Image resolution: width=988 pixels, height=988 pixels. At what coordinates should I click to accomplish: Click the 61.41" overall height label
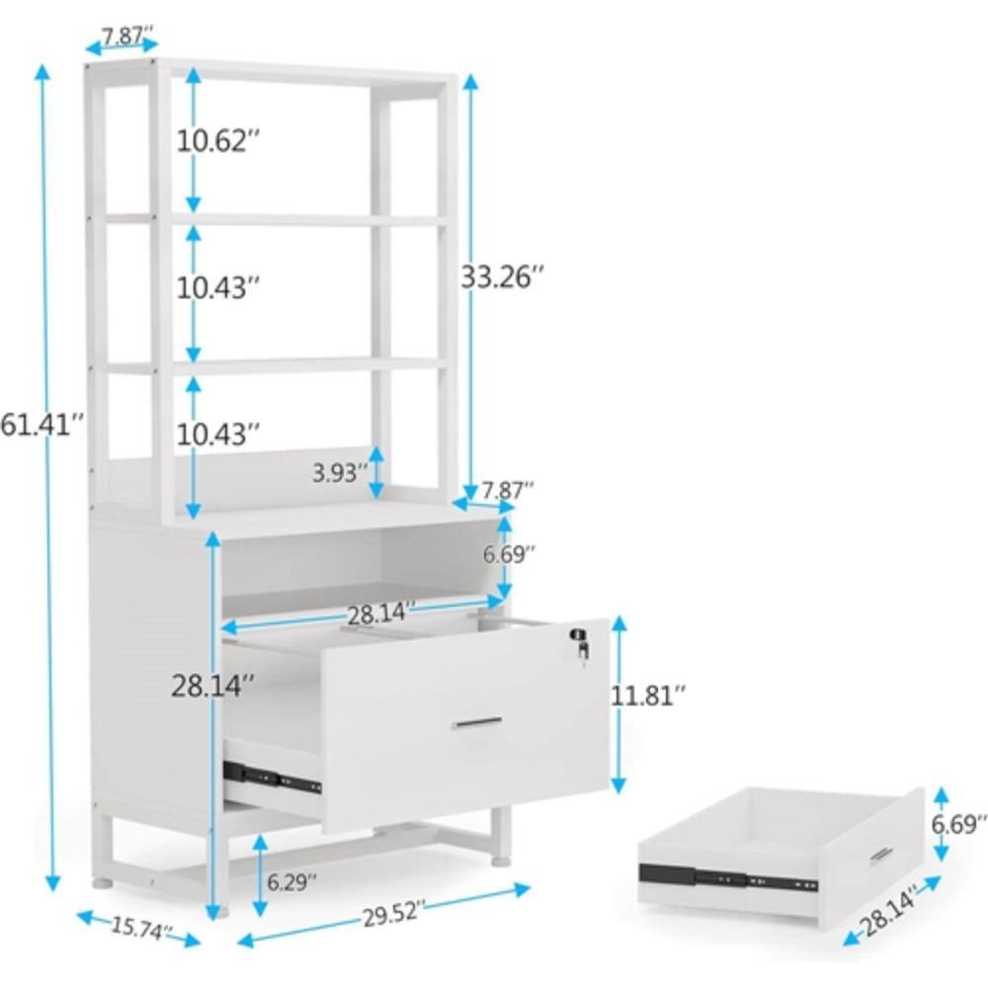click(42, 424)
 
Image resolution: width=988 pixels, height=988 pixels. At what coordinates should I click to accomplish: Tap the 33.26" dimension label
click(502, 277)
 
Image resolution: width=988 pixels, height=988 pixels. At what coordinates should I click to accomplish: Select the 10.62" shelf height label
click(217, 140)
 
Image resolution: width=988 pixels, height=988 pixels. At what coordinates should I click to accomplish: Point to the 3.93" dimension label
click(340, 472)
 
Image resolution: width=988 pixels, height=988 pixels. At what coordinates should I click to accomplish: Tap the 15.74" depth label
click(141, 928)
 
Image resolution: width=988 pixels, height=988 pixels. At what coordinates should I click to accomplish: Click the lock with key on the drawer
click(581, 644)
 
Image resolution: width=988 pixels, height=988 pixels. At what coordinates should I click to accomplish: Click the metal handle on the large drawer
click(477, 722)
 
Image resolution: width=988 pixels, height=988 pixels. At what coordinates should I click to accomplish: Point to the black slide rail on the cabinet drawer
click(273, 777)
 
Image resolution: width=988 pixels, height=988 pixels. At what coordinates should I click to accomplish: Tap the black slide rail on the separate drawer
click(728, 878)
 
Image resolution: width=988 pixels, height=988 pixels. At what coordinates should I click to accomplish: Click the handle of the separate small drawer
click(881, 854)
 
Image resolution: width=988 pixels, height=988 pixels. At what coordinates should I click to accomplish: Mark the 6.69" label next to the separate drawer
click(957, 824)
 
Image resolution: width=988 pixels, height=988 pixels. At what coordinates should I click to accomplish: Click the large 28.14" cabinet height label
click(213, 686)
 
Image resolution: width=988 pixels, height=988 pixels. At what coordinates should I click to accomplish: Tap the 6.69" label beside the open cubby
click(509, 554)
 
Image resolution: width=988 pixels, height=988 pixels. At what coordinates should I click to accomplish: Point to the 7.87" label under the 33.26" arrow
click(508, 490)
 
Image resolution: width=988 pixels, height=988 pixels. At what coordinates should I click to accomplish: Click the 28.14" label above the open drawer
click(381, 614)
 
